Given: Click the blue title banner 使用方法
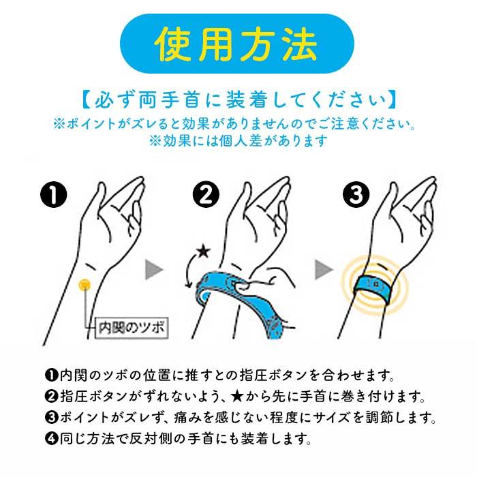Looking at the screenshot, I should (x=238, y=44).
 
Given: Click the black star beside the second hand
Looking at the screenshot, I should (x=202, y=253).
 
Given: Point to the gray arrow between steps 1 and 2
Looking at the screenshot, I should (x=155, y=271).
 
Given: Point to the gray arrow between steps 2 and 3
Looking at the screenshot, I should (x=323, y=271).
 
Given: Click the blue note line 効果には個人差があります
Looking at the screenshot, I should (x=238, y=141).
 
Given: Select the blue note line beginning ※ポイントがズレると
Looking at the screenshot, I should (x=238, y=125).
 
